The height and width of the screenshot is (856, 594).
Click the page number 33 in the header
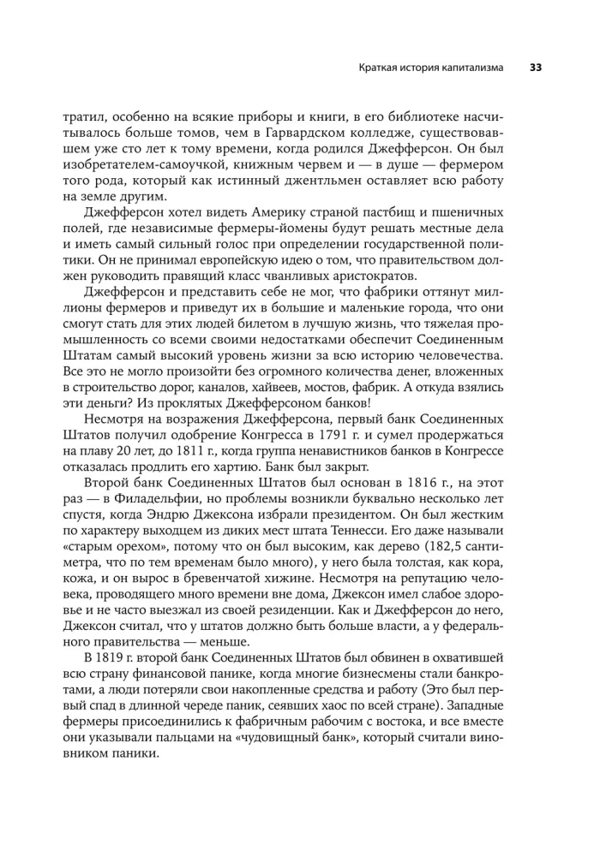point(535,67)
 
